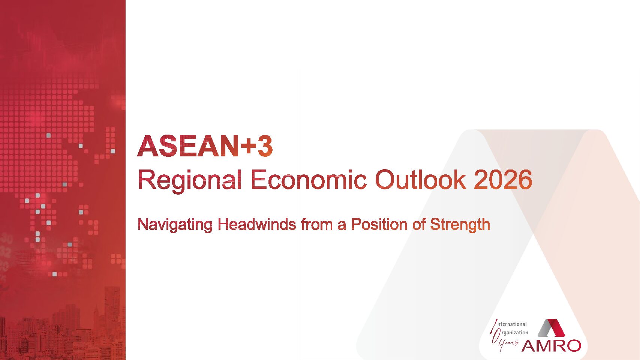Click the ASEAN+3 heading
click(205, 146)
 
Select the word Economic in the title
click(309, 179)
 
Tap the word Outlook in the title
click(420, 179)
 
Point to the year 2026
click(503, 179)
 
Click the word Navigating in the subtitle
click(175, 225)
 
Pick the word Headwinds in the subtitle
click(257, 224)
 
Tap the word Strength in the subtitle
click(460, 225)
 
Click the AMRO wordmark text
click(551, 345)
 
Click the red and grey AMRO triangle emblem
click(551, 328)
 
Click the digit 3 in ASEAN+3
click(265, 146)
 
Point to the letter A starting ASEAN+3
click(148, 146)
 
